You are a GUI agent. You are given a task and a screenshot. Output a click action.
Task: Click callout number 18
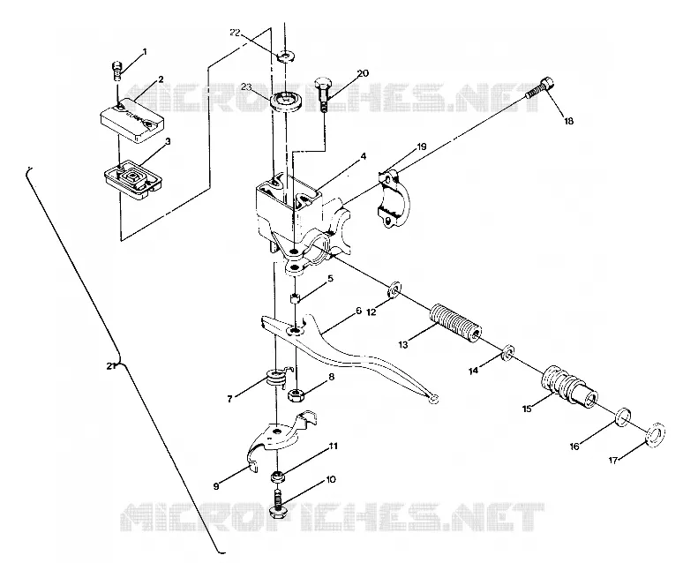click(569, 121)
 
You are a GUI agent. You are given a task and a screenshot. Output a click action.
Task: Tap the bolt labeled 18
click(539, 87)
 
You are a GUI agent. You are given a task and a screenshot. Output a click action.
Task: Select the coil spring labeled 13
click(456, 323)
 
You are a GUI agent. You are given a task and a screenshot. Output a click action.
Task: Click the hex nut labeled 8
click(296, 395)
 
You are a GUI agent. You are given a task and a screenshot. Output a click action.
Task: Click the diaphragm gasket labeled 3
click(133, 179)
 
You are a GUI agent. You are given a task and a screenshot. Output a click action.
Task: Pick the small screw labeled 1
click(116, 71)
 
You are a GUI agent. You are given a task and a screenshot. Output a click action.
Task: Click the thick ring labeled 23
click(285, 101)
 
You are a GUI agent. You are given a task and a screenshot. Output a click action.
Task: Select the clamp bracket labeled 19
click(394, 199)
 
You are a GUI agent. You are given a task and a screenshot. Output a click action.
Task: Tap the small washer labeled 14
click(508, 353)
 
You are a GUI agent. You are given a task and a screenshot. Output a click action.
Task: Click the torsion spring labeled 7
click(276, 378)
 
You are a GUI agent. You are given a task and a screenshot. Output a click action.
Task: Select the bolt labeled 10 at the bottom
click(277, 502)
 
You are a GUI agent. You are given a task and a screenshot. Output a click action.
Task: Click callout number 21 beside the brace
click(110, 366)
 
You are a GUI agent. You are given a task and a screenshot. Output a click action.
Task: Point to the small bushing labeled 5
click(295, 298)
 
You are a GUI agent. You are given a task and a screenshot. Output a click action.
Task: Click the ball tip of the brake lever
click(433, 399)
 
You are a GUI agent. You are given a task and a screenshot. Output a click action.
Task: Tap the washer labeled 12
click(394, 289)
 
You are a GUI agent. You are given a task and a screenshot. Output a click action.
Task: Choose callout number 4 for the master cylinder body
click(363, 156)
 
